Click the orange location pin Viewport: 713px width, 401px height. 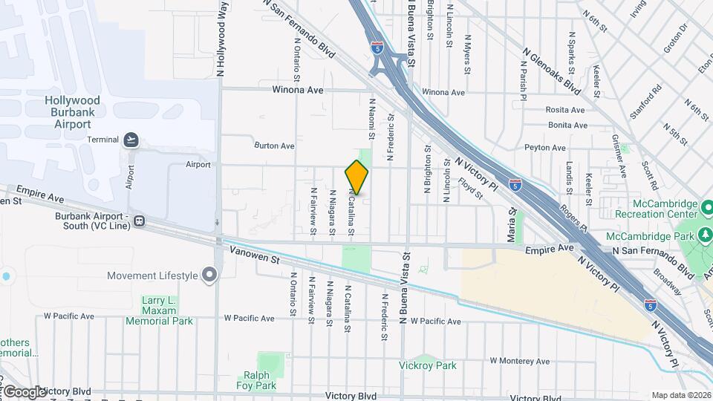tap(356, 177)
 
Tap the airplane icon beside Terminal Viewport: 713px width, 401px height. tap(131, 140)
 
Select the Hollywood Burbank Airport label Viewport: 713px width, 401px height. tap(72, 112)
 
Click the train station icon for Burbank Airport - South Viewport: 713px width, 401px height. tap(140, 221)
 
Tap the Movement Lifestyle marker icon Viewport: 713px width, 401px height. tap(209, 276)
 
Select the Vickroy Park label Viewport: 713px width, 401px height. tap(427, 365)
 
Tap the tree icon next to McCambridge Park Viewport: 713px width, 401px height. tap(703, 236)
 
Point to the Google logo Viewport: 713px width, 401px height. tap(24, 391)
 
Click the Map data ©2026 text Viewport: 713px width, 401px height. tap(681, 395)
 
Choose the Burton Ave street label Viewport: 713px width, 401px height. tap(274, 146)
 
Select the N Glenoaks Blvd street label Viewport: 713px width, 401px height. tap(551, 71)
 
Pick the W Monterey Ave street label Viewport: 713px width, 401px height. tap(523, 361)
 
